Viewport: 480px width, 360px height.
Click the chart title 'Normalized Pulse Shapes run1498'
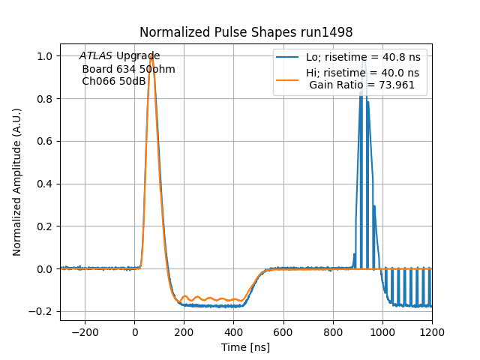246,32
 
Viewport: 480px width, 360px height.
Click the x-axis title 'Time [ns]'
246,347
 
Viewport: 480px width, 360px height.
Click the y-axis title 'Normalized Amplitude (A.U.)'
17,182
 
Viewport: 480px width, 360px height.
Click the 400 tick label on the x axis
233,332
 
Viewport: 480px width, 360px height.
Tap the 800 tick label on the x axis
332,332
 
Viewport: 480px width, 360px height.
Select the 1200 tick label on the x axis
431,332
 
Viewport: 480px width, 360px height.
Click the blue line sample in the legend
288,58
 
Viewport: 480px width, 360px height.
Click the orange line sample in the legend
288,73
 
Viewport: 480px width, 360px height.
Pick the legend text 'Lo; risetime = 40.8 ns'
362,58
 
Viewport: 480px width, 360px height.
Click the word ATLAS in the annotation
95,56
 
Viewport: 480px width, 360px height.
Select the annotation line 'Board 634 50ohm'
128,69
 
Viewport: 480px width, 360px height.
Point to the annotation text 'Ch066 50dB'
113,81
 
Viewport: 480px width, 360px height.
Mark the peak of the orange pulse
151,56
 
